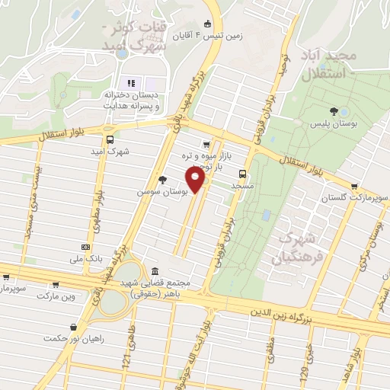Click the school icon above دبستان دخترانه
point(130,82)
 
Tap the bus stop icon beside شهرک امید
point(110,139)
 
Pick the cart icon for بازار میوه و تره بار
point(206,144)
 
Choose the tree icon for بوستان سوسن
point(161,180)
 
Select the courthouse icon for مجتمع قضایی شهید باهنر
point(155,272)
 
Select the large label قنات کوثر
point(123,29)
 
